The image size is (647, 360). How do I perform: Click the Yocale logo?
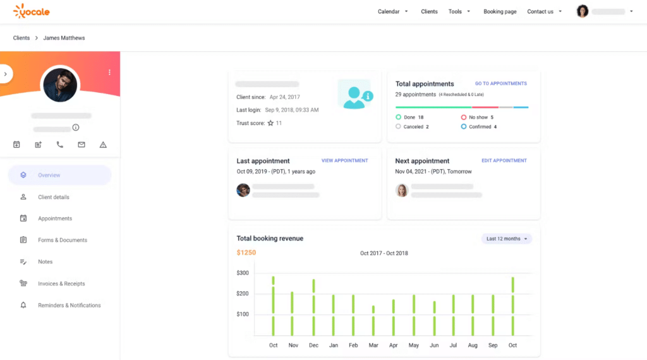(32, 11)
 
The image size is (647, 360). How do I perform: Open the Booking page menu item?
(500, 11)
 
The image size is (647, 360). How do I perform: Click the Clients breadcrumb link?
(21, 38)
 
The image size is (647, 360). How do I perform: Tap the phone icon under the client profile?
(60, 145)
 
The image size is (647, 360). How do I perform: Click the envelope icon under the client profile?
(82, 145)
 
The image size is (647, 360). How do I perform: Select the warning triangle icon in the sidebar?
(103, 145)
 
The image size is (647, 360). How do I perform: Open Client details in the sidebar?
(54, 197)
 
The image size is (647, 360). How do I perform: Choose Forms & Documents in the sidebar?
(63, 240)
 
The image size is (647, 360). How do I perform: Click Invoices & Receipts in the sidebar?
(61, 284)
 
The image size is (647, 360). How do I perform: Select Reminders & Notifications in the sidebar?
(70, 306)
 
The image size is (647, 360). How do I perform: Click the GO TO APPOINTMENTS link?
(501, 83)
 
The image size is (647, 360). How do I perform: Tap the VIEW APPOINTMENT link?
(344, 160)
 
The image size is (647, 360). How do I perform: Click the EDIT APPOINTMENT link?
(504, 160)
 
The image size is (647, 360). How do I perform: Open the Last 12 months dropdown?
(506, 239)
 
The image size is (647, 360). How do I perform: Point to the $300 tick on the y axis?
(243, 273)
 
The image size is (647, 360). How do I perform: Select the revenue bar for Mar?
(373, 320)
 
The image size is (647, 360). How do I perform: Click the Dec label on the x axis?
(313, 345)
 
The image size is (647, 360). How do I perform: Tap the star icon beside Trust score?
(270, 123)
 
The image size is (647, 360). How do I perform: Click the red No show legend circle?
(463, 117)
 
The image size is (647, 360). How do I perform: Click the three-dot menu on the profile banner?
(109, 72)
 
